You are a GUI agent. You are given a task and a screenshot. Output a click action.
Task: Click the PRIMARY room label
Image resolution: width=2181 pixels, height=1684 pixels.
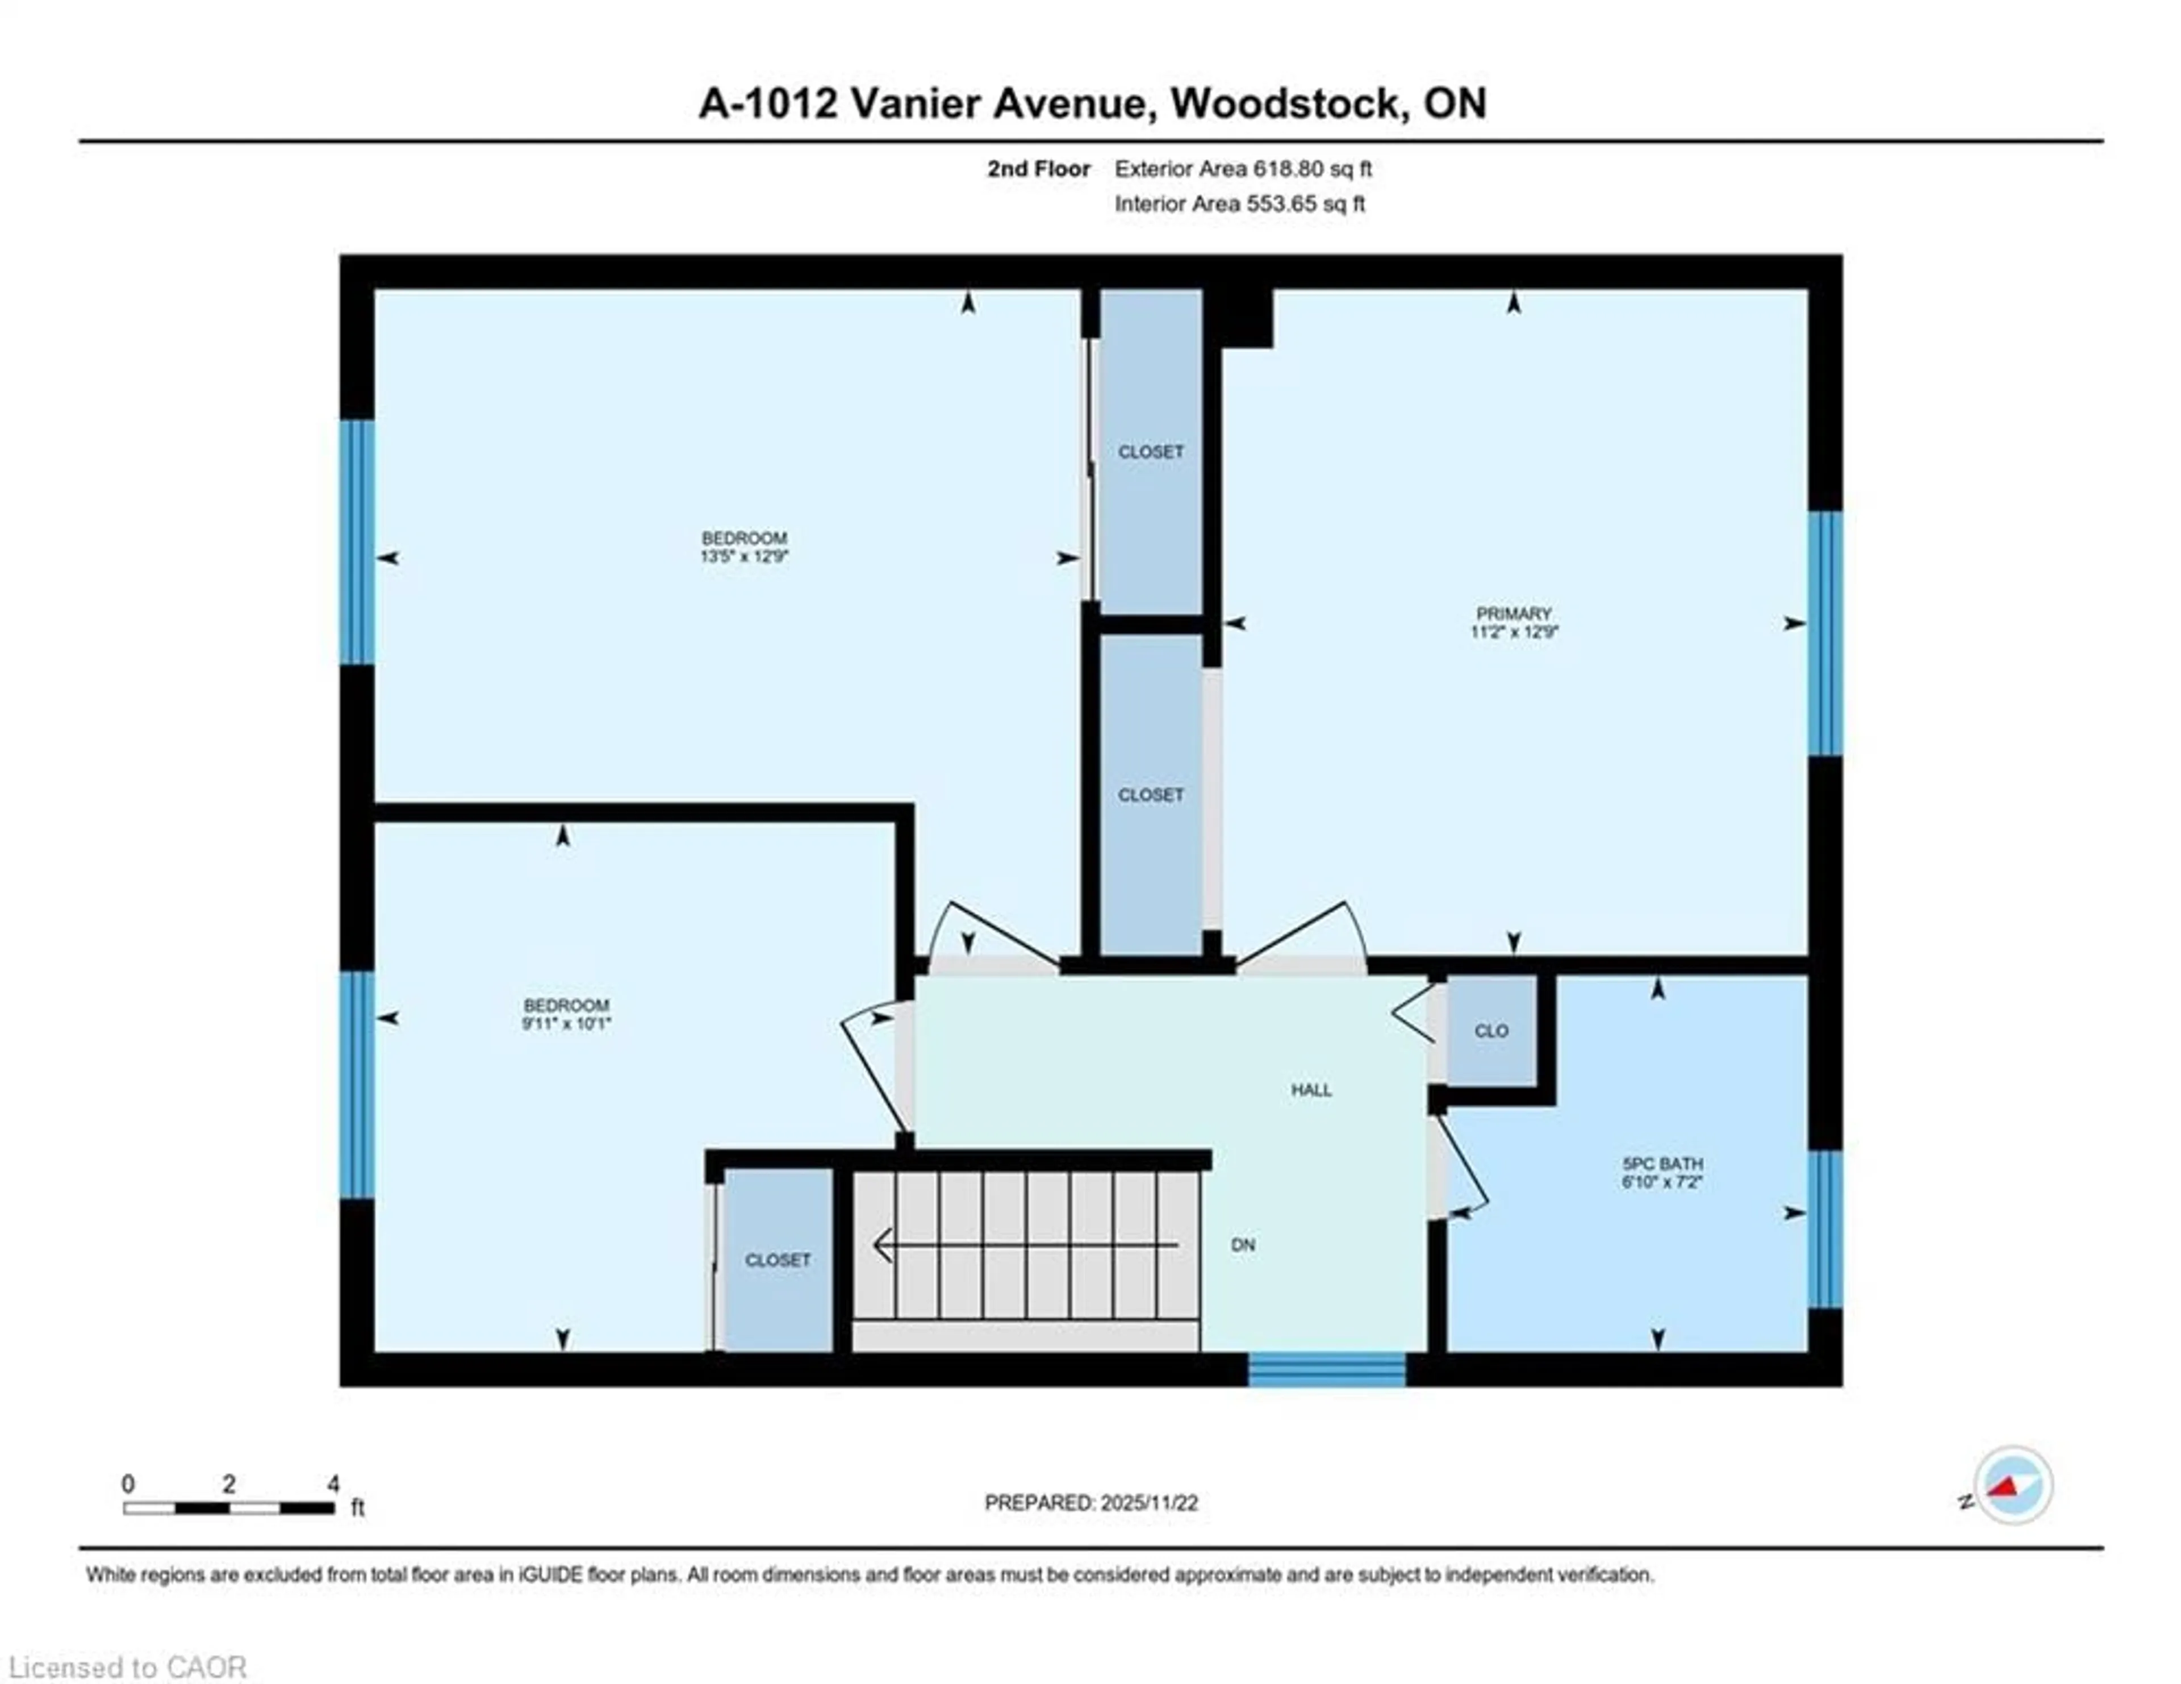pos(1513,613)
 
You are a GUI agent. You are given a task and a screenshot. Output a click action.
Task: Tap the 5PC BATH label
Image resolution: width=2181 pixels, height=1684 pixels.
pos(1662,1164)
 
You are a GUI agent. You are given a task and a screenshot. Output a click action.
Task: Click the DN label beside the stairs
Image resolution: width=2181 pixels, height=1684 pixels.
pos(1242,1244)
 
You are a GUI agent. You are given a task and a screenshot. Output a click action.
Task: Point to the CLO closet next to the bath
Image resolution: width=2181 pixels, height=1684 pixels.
pos(1491,1031)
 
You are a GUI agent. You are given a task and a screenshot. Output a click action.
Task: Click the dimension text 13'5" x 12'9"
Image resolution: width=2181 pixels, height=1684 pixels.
pos(744,556)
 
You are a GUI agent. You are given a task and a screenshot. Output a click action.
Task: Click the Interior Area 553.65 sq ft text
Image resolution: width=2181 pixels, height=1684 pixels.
pos(1239,204)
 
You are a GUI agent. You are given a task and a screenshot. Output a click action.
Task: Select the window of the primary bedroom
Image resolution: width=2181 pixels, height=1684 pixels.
pos(1824,633)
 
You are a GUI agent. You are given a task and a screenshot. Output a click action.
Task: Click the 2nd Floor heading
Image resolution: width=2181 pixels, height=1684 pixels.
pos(1039,169)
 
